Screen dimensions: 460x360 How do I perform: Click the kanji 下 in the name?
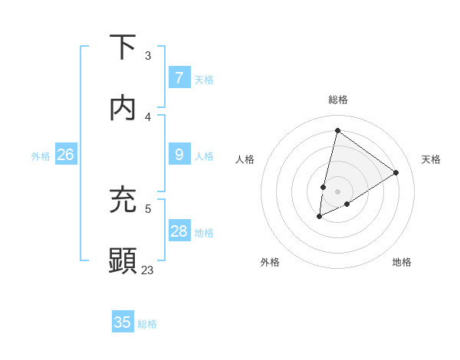point(123,47)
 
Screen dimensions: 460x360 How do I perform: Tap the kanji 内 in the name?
point(123,108)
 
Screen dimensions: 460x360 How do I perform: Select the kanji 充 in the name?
point(123,198)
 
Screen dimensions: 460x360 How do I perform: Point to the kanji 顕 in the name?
point(123,260)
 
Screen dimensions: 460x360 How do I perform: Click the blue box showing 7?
point(179,78)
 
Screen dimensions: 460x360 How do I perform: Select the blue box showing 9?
point(179,155)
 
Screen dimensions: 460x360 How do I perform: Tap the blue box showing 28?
point(179,231)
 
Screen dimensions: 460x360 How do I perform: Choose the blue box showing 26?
point(65,155)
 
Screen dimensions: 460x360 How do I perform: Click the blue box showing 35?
point(123,322)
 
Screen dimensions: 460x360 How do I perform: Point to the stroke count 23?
point(147,270)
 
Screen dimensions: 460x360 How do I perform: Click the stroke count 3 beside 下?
point(148,55)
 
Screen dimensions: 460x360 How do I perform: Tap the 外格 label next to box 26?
point(41,156)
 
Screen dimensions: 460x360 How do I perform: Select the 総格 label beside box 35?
point(147,324)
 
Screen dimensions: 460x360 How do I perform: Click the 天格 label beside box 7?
point(204,80)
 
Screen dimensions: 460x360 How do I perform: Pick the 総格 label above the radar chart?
point(338,100)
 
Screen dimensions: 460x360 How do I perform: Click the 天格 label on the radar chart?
point(432,159)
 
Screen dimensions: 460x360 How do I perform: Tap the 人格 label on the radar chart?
point(245,159)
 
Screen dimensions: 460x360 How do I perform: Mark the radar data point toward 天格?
point(396,172)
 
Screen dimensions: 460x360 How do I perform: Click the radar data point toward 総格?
point(337,130)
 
